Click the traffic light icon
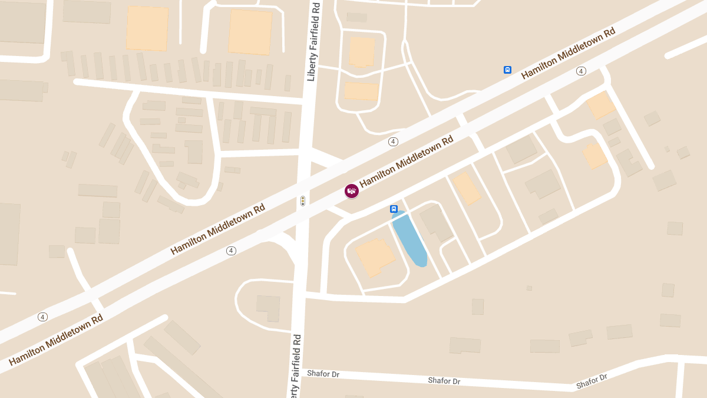[x=303, y=201]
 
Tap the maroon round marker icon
[x=352, y=190]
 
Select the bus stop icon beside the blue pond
[x=394, y=209]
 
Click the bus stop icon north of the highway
[x=507, y=70]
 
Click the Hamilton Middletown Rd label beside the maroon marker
[x=406, y=162]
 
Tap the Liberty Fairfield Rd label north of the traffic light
[x=313, y=41]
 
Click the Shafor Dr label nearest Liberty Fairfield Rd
[x=323, y=374]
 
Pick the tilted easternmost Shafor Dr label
[x=592, y=381]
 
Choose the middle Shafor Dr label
[x=444, y=381]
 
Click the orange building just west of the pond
[x=375, y=257]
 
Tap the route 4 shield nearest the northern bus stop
[x=581, y=71]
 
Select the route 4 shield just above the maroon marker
[x=393, y=142]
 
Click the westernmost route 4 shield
[x=42, y=317]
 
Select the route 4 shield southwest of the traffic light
[x=231, y=251]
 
